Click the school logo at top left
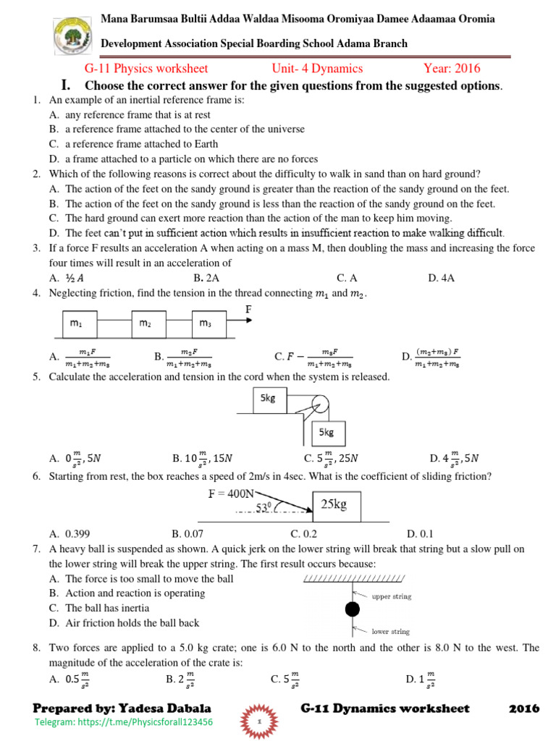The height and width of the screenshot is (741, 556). point(72,38)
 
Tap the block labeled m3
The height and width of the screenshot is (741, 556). point(210,323)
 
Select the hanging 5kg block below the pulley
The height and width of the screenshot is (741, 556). point(326,433)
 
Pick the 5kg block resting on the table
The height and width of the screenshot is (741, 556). point(269,400)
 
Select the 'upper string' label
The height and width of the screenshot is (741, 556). point(391,596)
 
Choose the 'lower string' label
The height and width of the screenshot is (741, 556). point(390,631)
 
